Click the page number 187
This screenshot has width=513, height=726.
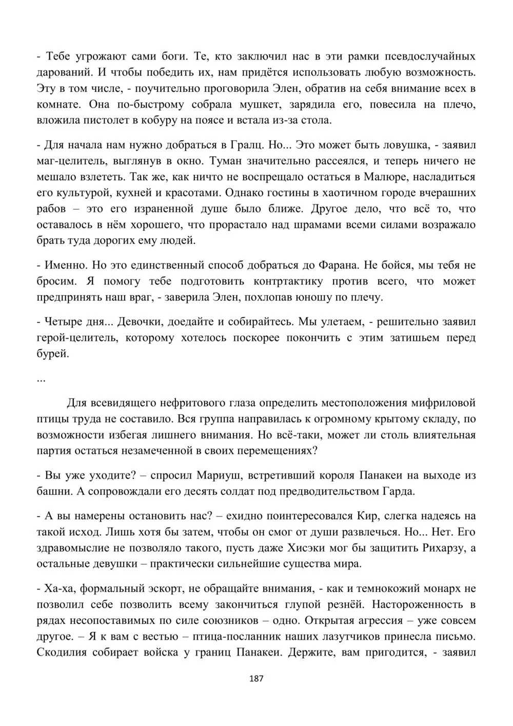(x=256, y=679)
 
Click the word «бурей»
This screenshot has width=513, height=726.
(x=53, y=354)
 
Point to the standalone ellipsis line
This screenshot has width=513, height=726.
(x=42, y=379)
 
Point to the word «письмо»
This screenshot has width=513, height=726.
(x=456, y=637)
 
